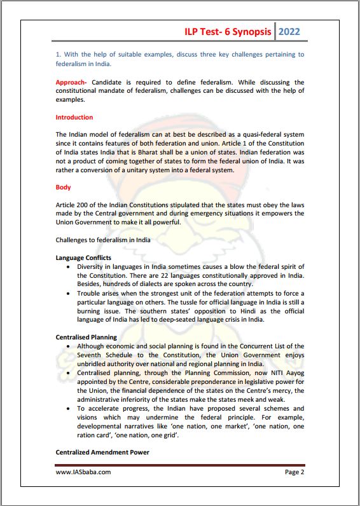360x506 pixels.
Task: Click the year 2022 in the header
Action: coord(289,31)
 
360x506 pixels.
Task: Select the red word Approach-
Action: coord(72,83)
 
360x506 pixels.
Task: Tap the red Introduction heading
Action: coord(74,118)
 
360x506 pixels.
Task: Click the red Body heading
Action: coord(63,188)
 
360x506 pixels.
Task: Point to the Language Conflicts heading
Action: coord(83,257)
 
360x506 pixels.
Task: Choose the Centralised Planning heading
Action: coord(86,337)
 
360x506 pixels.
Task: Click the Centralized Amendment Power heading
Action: coord(102,452)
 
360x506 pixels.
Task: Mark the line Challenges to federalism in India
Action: coord(103,240)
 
